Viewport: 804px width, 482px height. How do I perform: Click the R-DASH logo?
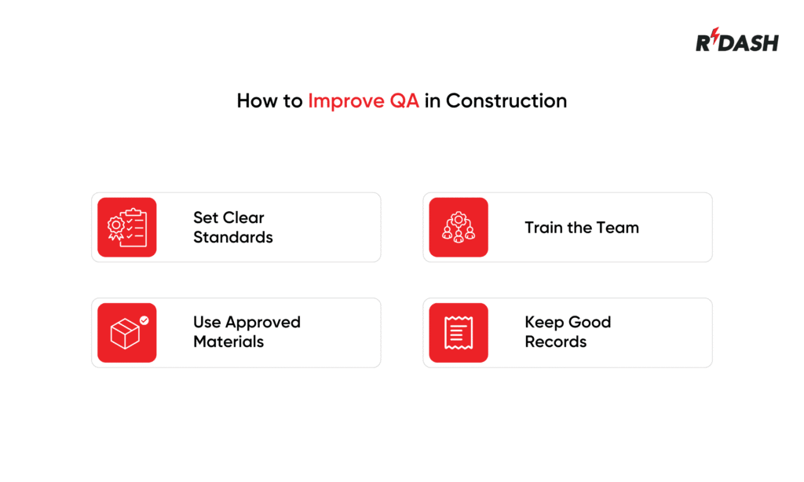(x=736, y=41)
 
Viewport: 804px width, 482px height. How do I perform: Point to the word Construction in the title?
(x=506, y=100)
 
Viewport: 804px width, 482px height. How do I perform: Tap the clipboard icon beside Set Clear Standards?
(x=126, y=228)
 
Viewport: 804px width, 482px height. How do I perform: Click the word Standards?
(x=233, y=237)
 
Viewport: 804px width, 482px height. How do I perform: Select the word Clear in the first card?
(x=244, y=217)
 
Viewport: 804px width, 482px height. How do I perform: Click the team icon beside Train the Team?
(x=459, y=228)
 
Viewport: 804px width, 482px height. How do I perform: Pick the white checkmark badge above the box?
(x=144, y=320)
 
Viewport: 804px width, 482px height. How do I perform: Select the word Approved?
(x=262, y=322)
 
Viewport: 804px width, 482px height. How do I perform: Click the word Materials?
(x=228, y=341)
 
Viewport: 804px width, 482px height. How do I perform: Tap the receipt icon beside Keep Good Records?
(x=459, y=333)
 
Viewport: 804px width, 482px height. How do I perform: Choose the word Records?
(x=556, y=341)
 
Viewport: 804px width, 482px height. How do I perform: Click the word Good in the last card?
(x=590, y=322)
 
